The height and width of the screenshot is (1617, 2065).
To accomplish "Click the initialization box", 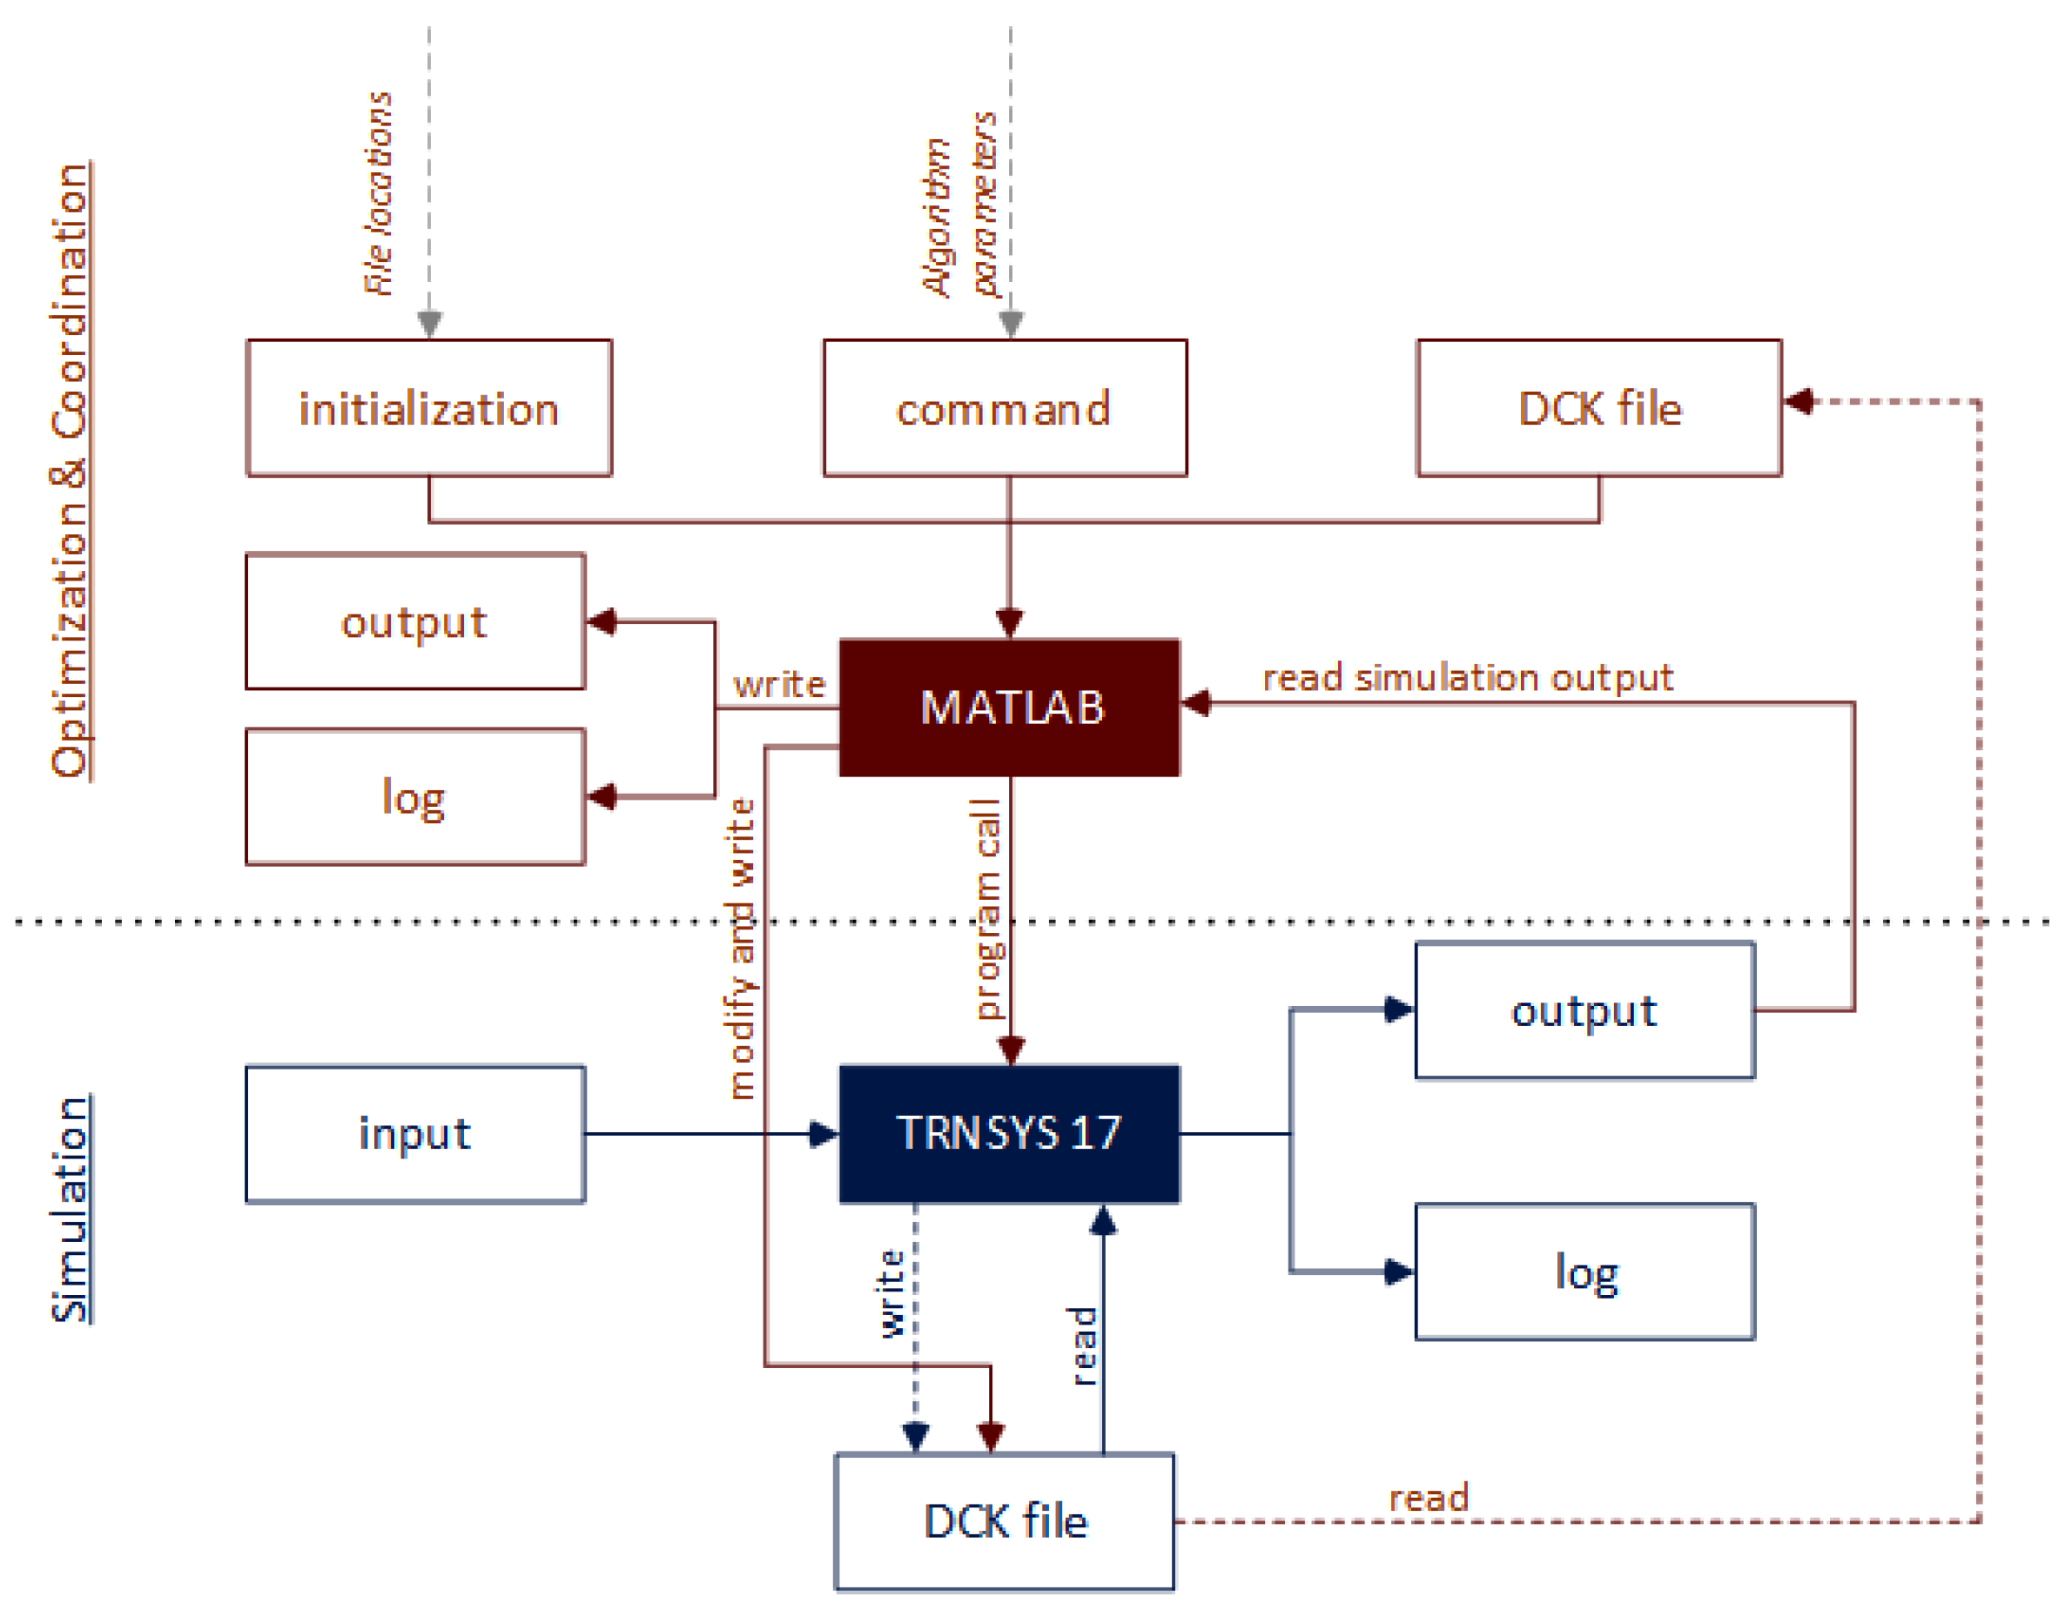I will coord(429,408).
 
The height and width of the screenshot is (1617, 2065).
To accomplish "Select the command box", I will coord(1005,408).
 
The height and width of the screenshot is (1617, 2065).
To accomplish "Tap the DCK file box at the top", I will coord(1598,408).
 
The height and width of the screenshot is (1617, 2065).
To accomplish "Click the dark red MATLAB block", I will coord(1009,708).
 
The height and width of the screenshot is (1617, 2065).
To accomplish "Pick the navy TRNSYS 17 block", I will coord(1009,1133).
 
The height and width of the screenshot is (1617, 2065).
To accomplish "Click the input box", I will coord(414,1134).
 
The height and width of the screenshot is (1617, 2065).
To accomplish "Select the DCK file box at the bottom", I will coord(1005,1521).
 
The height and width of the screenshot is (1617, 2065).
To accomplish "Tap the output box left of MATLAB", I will coord(414,622).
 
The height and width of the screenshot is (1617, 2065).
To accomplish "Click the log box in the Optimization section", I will coord(414,797).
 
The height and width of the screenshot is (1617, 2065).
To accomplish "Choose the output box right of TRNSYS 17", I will coord(1584,1011).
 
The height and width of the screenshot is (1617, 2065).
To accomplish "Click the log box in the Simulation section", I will coord(1584,1272).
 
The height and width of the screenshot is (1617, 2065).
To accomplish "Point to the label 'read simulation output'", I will coord(1468,678).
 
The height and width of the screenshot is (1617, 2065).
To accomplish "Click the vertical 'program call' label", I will coord(986,909).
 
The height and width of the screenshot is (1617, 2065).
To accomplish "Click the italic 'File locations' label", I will coord(379,193).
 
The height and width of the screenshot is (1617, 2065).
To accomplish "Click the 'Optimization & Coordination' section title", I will coord(70,471).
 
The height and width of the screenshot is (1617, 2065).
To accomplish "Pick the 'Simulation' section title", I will coord(70,1209).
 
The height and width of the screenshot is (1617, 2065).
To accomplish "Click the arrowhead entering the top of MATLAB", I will coord(1009,624).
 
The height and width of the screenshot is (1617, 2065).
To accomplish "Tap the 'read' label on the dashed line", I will coord(1428,1498).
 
